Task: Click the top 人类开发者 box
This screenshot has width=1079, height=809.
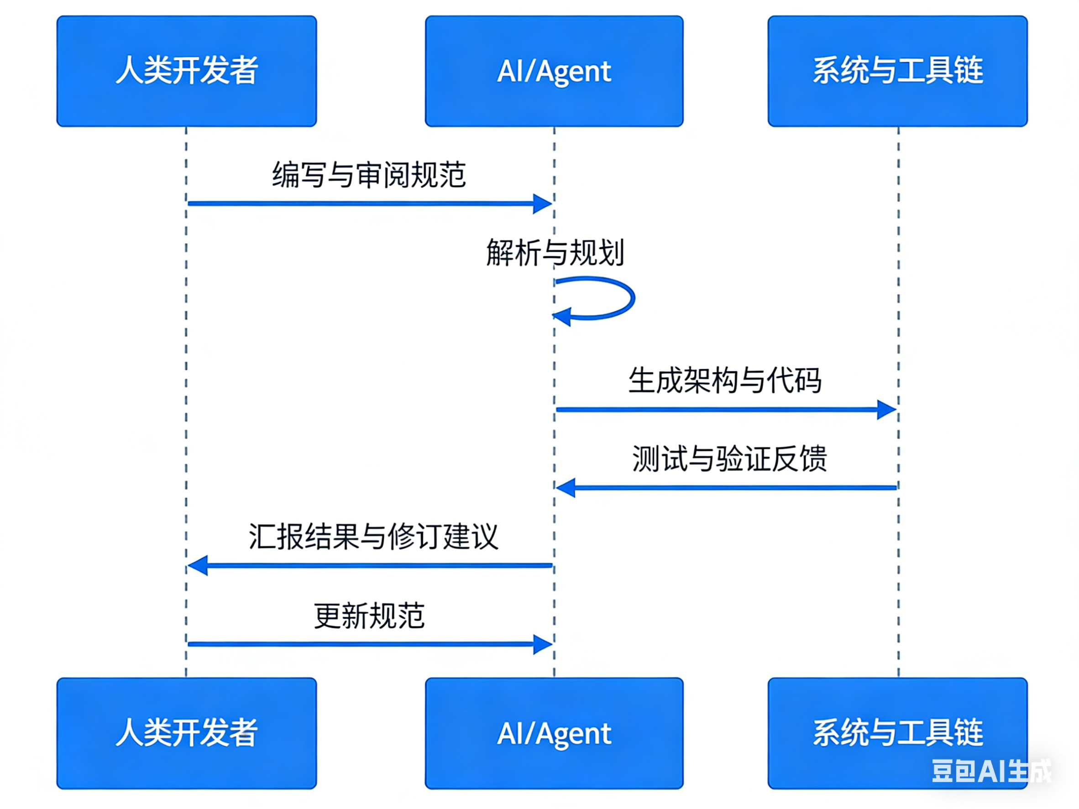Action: [186, 71]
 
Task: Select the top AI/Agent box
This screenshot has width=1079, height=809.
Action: [554, 71]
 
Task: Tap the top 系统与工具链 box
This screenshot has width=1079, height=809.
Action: [897, 71]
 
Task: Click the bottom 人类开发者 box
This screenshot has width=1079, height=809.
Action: [186, 733]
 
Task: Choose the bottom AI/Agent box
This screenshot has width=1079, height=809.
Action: [554, 733]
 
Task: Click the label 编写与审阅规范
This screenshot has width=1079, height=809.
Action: [369, 175]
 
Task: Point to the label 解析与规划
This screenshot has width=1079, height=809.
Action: [555, 253]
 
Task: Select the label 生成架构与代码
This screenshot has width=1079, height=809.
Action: [725, 381]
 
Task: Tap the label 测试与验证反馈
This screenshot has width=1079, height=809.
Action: [729, 459]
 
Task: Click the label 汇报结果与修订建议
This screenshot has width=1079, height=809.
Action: [373, 537]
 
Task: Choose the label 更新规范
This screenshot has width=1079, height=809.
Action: [369, 616]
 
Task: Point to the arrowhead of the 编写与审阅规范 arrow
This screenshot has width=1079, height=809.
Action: [542, 204]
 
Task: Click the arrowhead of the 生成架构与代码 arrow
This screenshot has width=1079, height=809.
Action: [886, 410]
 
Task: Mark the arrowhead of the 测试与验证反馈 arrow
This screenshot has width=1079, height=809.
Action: [566, 487]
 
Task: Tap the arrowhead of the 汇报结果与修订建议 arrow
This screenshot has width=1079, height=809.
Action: [198, 566]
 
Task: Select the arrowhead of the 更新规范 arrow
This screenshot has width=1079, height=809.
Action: [542, 644]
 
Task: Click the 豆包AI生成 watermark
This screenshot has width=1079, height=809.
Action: [991, 772]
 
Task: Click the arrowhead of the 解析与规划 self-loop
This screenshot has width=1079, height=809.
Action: [562, 317]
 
